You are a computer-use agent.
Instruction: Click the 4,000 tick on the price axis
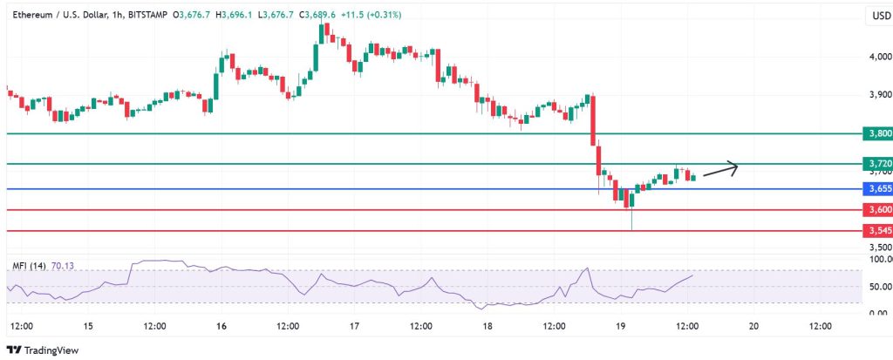click(878, 57)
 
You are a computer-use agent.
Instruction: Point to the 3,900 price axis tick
click(878, 94)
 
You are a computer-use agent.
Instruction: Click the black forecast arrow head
click(735, 166)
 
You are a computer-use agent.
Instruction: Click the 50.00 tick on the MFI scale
click(879, 286)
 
